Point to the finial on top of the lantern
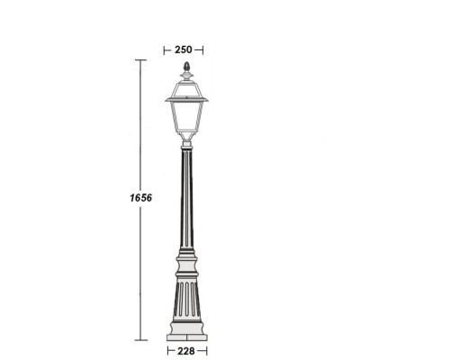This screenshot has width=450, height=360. (186, 68)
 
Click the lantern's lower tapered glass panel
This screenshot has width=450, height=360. (186, 117)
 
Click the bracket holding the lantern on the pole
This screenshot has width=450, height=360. (186, 139)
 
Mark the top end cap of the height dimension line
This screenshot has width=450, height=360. (140, 59)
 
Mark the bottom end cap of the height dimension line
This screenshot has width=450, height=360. (140, 341)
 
